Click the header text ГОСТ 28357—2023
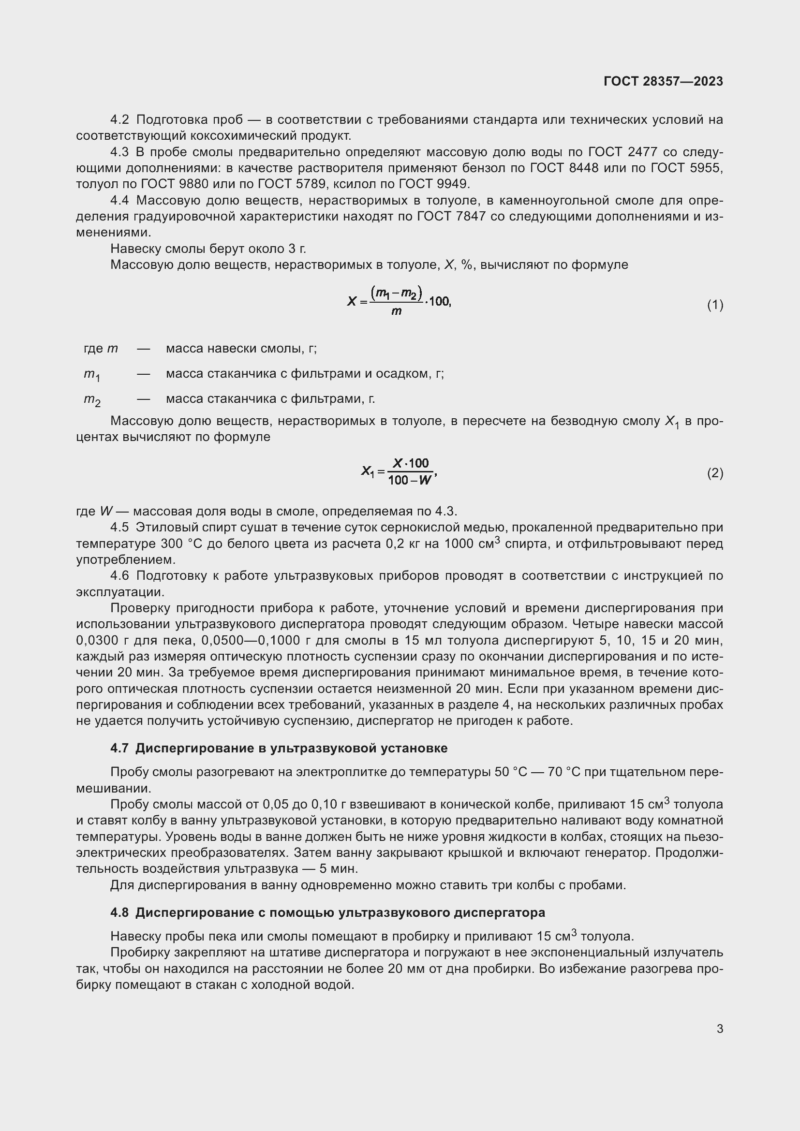coord(663,81)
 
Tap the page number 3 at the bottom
coord(720,1028)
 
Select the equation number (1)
coord(715,305)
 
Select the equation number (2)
coord(715,473)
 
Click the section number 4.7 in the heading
coord(119,748)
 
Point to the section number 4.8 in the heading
coord(119,913)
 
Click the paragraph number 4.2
coord(119,120)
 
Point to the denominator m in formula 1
coord(396,311)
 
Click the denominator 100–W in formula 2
coord(409,480)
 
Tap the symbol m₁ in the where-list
coord(91,374)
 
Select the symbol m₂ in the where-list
coord(91,399)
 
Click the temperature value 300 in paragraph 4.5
coord(172,544)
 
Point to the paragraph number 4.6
coord(119,576)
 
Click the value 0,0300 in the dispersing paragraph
coord(98,640)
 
